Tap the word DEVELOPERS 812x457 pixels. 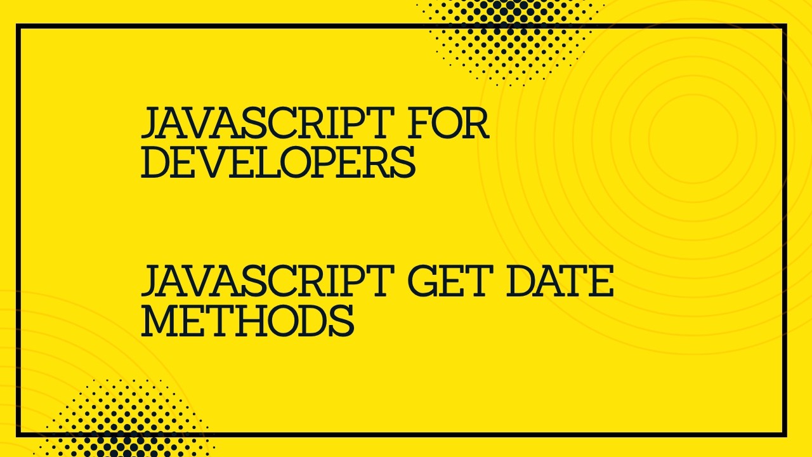pyautogui.click(x=278, y=162)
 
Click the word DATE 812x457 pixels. pyautogui.click(x=560, y=282)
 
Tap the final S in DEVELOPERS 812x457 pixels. pyautogui.click(x=403, y=162)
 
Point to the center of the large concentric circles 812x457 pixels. pyautogui.click(x=693, y=135)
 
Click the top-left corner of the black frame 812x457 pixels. pyautogui.click(x=18, y=26)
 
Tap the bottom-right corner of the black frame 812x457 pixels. pyautogui.click(x=785, y=435)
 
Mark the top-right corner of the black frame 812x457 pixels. pyautogui.click(x=785, y=26)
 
